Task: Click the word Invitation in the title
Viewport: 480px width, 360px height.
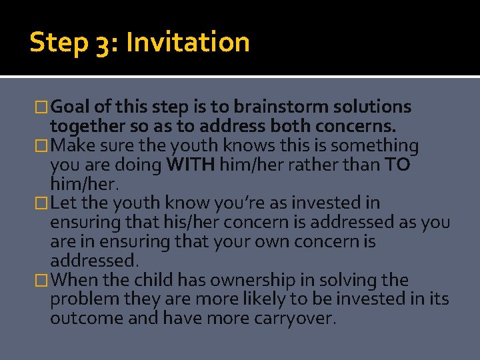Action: point(187,43)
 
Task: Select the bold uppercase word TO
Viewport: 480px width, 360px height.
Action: point(398,165)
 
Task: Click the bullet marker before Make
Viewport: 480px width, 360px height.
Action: point(43,146)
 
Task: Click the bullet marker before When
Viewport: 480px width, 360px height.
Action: point(43,281)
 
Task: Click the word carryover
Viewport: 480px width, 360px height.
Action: point(295,319)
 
